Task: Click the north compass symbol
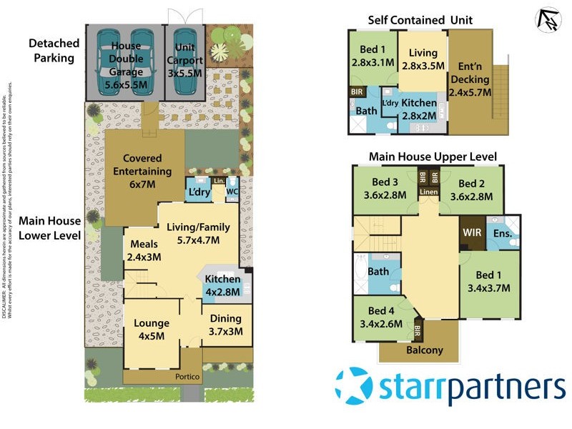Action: pos(547,19)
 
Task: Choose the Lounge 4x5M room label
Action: pos(152,330)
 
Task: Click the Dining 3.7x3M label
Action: pos(226,325)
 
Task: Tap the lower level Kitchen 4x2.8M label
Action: pos(223,285)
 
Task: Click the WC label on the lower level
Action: pos(232,192)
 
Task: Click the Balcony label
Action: pos(425,350)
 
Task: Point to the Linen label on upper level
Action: pos(428,192)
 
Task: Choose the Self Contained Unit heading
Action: pos(420,20)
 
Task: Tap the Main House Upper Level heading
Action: pos(432,157)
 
